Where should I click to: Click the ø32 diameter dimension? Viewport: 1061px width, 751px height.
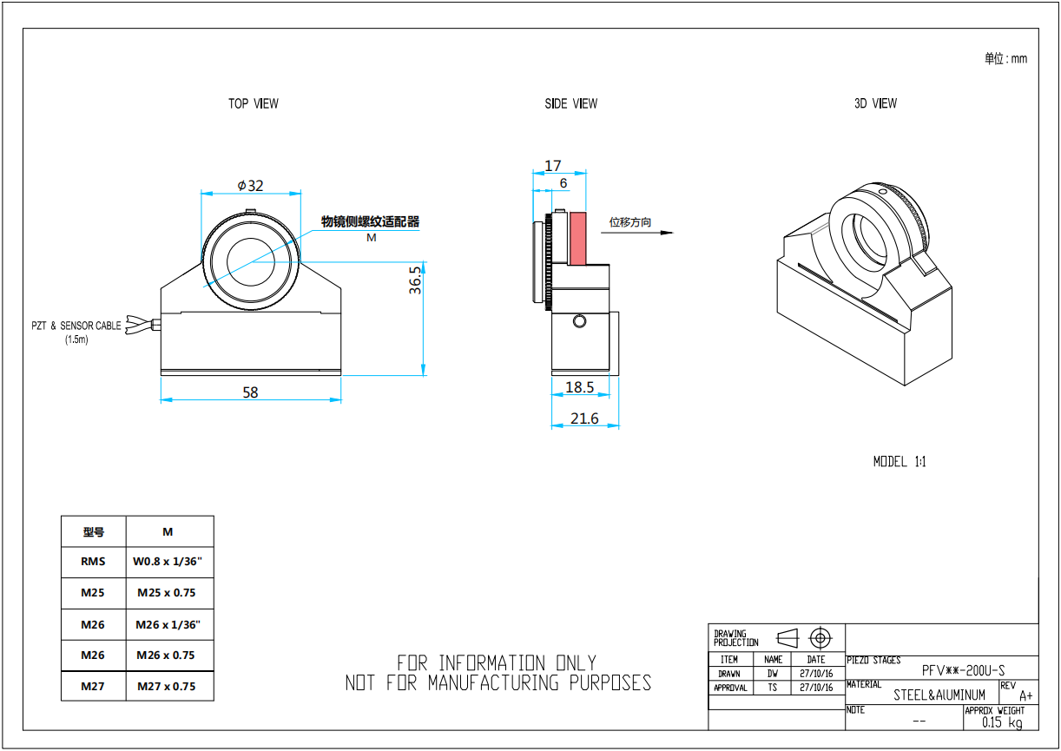point(250,185)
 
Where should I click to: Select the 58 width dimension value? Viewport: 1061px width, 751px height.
point(250,392)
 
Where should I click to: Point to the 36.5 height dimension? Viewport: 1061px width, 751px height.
point(416,280)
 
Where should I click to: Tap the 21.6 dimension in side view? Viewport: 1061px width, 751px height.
point(584,418)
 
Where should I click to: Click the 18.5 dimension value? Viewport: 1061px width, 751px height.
point(579,387)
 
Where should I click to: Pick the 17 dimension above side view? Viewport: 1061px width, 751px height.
point(553,165)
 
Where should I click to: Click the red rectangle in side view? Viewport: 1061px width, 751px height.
point(578,239)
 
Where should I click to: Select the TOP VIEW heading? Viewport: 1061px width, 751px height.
point(254,103)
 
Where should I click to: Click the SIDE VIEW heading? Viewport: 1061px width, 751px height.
point(571,103)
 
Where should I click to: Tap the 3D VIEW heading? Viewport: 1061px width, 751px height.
point(875,103)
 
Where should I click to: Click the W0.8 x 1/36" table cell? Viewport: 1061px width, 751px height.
point(168,562)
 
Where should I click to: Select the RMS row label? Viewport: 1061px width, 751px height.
point(93,562)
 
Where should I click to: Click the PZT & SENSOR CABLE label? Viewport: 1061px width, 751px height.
point(76,326)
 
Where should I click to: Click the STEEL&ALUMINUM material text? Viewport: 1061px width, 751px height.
point(939,695)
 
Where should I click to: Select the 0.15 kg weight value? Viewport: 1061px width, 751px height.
point(1002,722)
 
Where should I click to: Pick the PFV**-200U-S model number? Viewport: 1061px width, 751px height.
point(964,670)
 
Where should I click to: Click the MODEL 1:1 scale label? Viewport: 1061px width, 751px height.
point(900,462)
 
